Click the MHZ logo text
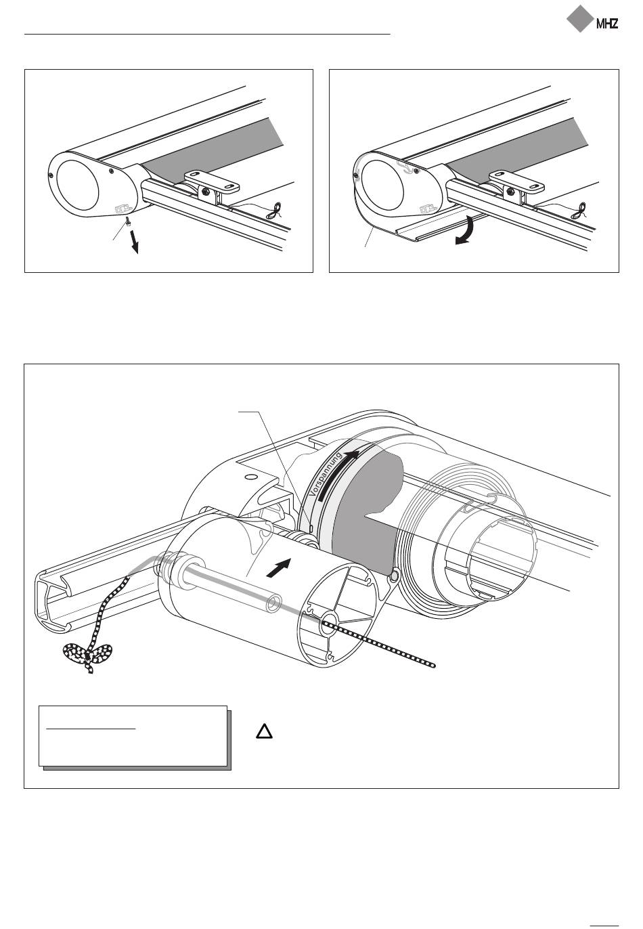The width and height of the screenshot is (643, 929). click(x=607, y=24)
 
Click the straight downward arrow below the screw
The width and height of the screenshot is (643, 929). click(x=134, y=241)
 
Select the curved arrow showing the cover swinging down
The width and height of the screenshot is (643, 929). click(x=466, y=231)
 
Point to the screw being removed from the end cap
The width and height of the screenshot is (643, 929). click(x=128, y=220)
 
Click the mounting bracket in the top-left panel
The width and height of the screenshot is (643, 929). click(x=213, y=187)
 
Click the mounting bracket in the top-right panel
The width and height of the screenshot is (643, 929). click(x=517, y=187)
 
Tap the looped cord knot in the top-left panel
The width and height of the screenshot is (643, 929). click(x=274, y=211)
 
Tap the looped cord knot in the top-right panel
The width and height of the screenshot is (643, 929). click(x=579, y=211)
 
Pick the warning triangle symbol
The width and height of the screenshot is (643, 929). click(x=264, y=731)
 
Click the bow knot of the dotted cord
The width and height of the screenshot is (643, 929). click(x=88, y=655)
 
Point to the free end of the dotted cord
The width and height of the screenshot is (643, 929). click(x=433, y=665)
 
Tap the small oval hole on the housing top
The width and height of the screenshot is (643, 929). click(x=250, y=477)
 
